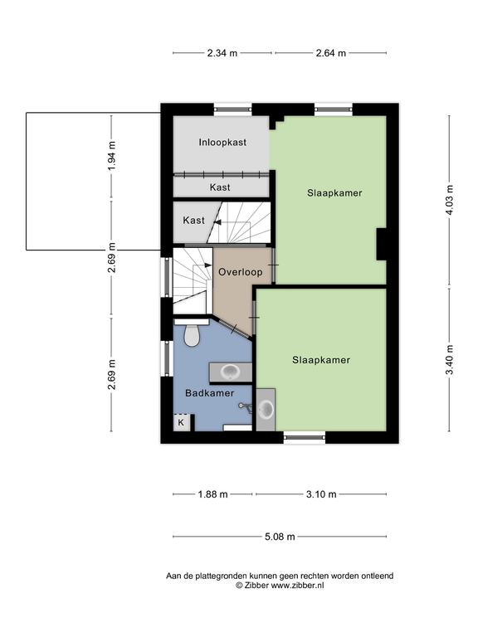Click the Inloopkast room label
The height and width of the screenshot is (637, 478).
222,142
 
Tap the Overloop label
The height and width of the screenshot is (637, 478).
240,272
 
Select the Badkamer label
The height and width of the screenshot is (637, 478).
209,393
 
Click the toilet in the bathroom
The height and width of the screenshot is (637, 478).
192,333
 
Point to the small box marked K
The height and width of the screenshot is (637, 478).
181,422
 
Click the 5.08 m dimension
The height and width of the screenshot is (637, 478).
280,537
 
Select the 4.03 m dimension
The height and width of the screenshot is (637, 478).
450,200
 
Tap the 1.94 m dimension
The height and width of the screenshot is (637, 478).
112,155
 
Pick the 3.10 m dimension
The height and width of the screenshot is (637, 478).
321,494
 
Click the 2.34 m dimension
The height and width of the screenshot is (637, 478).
222,53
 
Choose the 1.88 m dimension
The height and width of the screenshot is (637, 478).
212,494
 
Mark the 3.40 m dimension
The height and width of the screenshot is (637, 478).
450,360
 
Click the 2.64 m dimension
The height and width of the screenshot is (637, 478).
331,53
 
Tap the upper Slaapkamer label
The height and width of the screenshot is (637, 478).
334,192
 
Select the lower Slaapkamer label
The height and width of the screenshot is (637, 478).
321,360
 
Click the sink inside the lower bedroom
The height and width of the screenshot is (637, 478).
266,410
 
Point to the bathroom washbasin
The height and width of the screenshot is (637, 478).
231,372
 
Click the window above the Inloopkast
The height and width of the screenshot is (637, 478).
233,109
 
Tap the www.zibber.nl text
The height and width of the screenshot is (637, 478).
297,586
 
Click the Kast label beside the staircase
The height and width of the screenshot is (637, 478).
194,220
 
